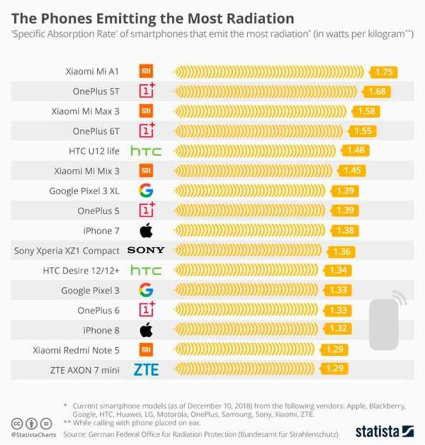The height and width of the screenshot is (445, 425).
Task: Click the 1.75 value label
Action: click(x=384, y=72)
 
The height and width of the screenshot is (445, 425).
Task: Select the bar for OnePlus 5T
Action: click(x=266, y=92)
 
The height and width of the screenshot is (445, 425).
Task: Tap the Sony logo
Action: click(x=146, y=250)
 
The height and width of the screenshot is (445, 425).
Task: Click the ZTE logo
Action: click(x=146, y=370)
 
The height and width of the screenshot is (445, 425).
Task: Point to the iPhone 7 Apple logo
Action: click(x=146, y=231)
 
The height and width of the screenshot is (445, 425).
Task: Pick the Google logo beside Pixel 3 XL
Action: click(x=146, y=191)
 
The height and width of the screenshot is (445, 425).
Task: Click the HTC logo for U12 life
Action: click(x=146, y=151)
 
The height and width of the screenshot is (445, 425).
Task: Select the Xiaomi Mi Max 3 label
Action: click(x=85, y=111)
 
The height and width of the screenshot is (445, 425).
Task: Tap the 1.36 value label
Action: click(x=341, y=252)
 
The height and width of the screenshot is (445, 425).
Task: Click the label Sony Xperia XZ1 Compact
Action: click(x=67, y=251)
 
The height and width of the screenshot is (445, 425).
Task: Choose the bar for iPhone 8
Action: click(x=246, y=330)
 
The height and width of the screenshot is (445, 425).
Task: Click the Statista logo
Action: click(x=384, y=432)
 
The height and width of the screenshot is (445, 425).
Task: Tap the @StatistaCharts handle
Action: click(x=33, y=434)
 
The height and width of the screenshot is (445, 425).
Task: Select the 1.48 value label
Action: click(x=356, y=150)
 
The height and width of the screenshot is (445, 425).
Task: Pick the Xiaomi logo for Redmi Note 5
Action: click(x=146, y=350)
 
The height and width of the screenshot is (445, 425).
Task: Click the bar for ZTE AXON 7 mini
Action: click(x=244, y=369)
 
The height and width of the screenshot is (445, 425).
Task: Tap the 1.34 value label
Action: click(x=338, y=271)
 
